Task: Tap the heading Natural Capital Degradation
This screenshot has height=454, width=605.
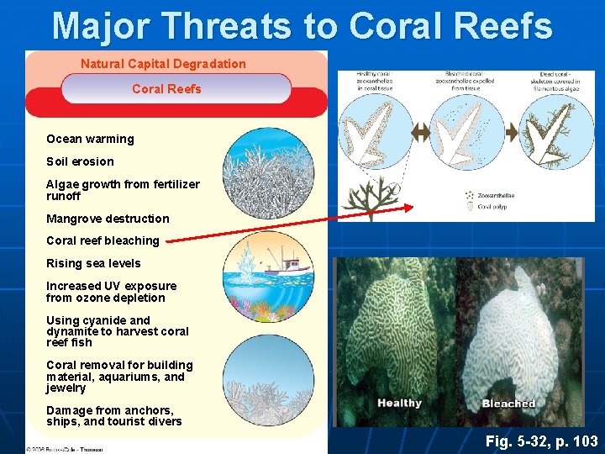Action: (x=163, y=64)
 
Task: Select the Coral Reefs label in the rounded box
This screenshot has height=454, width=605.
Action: (x=166, y=89)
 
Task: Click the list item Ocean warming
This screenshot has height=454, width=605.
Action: (x=90, y=139)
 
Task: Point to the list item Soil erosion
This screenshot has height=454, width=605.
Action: (x=80, y=161)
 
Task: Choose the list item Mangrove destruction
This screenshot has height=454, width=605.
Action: (x=108, y=219)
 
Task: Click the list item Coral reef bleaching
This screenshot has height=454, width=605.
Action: (x=103, y=240)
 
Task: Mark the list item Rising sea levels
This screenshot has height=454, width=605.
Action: (x=93, y=263)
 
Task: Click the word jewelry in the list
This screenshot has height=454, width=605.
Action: (x=66, y=388)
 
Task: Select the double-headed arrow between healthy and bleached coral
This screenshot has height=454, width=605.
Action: (x=421, y=133)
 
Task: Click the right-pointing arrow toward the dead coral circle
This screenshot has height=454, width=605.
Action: (x=512, y=133)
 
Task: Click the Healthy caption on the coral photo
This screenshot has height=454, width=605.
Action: (x=399, y=404)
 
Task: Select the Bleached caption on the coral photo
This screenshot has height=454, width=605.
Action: (x=508, y=404)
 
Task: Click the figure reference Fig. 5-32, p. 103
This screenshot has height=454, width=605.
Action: (x=541, y=441)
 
